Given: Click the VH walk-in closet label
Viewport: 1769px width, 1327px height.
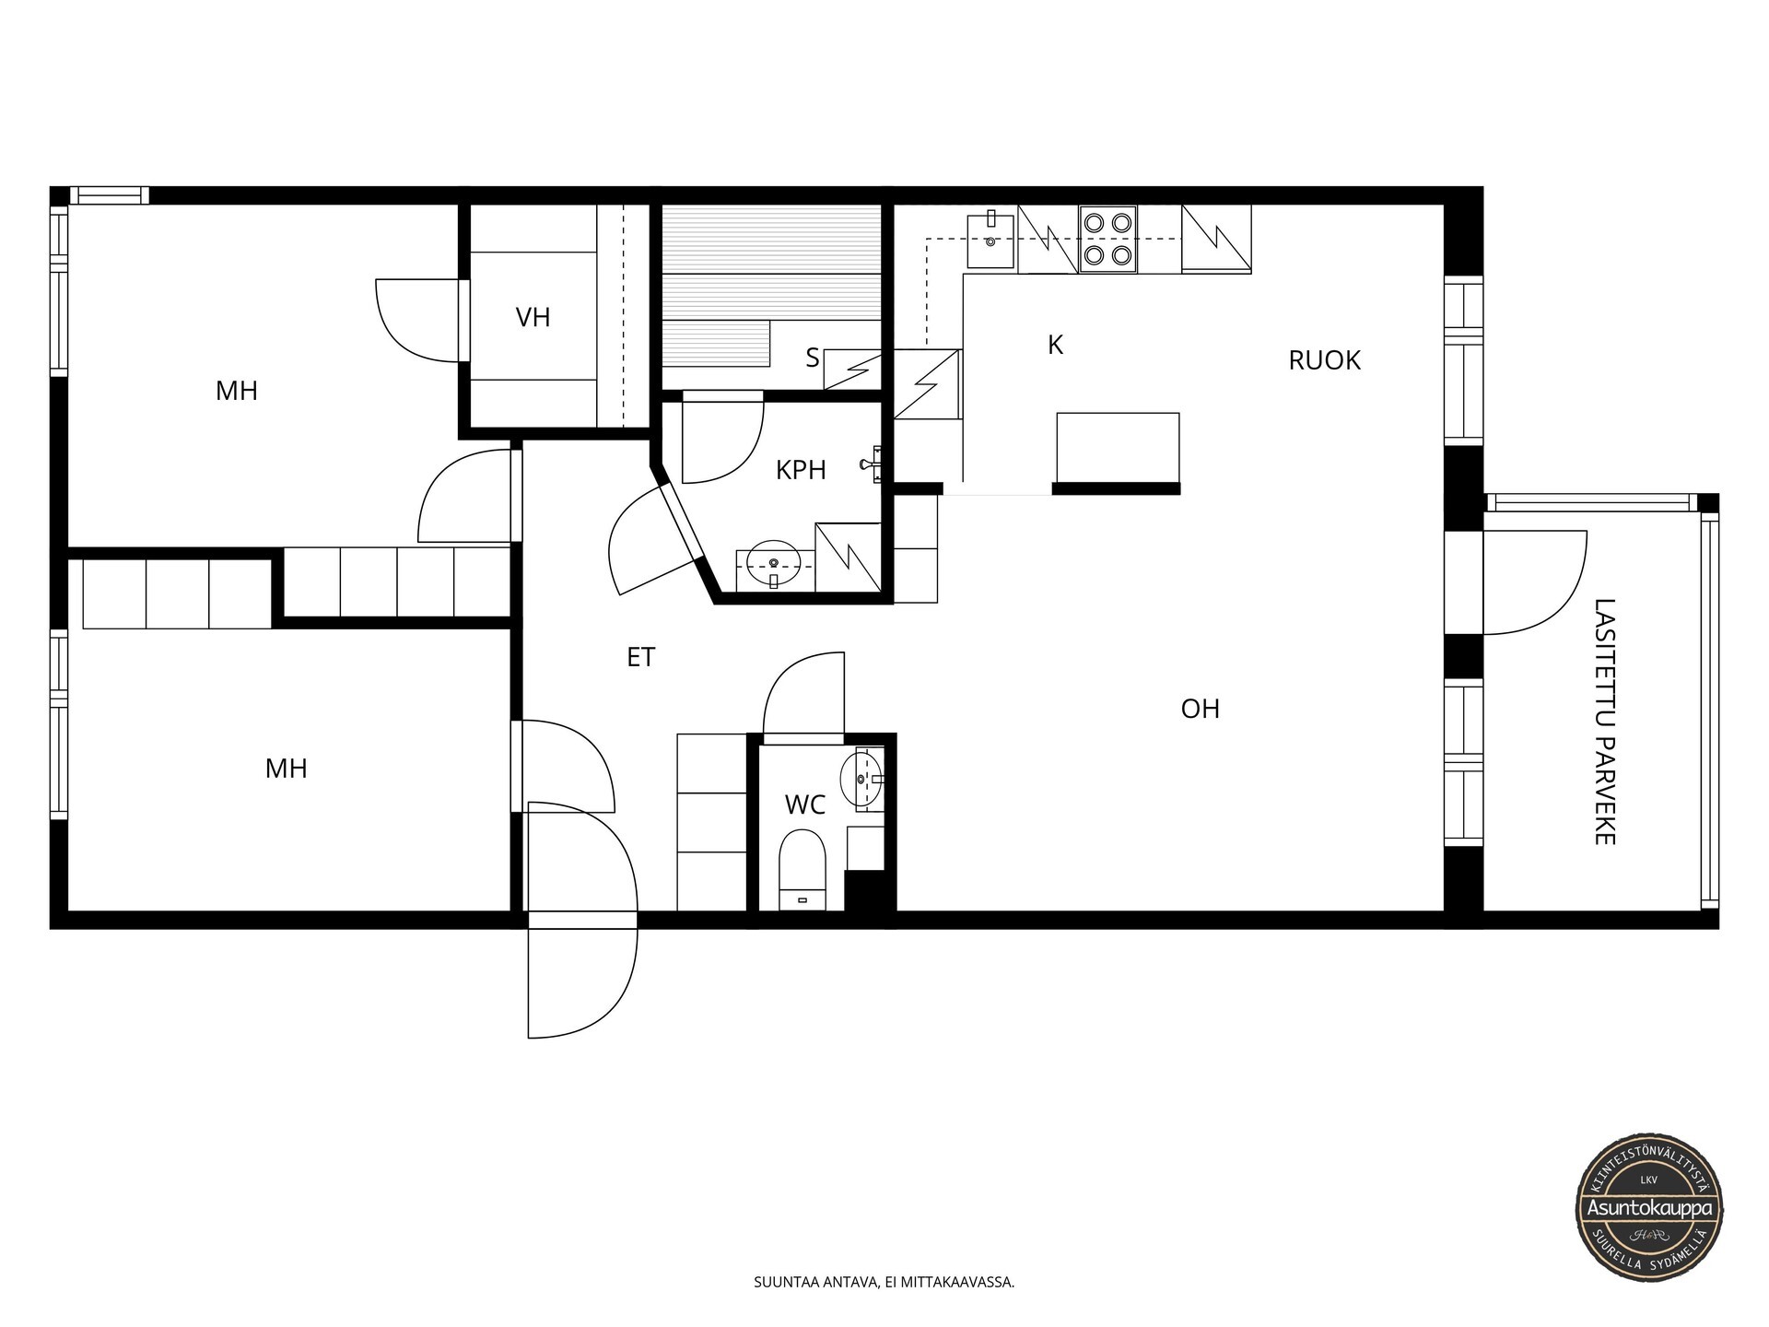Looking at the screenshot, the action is pyautogui.click(x=533, y=318).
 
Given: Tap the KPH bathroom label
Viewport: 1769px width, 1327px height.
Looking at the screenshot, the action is pyautogui.click(x=801, y=470).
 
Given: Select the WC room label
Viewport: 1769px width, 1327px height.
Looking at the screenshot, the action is pyautogui.click(x=804, y=805).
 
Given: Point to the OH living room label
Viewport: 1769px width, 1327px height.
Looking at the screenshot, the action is pyautogui.click(x=1200, y=709).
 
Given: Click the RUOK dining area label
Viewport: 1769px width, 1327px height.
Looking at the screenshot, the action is pyautogui.click(x=1324, y=360).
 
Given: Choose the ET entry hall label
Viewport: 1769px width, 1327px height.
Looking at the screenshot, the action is pyautogui.click(x=640, y=657).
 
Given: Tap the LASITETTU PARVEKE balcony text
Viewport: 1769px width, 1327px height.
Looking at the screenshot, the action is pyautogui.click(x=1605, y=722).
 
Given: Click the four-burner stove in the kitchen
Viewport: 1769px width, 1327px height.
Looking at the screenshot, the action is pyautogui.click(x=1107, y=239).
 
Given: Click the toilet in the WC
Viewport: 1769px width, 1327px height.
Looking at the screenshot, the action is pyautogui.click(x=802, y=869).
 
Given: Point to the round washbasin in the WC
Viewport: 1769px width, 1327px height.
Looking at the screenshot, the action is pyautogui.click(x=864, y=780).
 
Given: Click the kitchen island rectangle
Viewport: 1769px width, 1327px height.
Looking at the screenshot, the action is pyautogui.click(x=1118, y=448).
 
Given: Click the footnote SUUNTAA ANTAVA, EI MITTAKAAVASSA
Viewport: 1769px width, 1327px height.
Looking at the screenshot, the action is pyautogui.click(x=884, y=1282).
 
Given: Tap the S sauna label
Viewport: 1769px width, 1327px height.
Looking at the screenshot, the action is pyautogui.click(x=812, y=358).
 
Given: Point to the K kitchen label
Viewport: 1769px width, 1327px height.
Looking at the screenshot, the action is pyautogui.click(x=1056, y=346).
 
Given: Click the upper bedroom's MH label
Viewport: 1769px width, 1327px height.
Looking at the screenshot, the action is pyautogui.click(x=237, y=392).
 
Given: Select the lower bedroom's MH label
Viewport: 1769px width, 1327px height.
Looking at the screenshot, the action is pyautogui.click(x=286, y=769).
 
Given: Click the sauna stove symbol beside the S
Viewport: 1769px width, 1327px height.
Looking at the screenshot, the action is pyautogui.click(x=852, y=370).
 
